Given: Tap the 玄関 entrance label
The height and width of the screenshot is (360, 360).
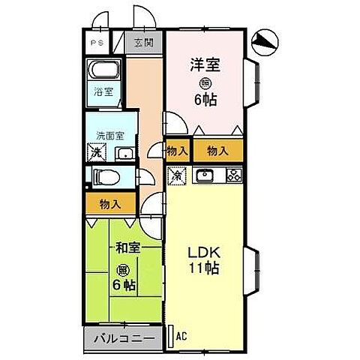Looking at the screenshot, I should click(x=144, y=43).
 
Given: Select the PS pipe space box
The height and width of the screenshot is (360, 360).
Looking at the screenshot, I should click(x=97, y=43).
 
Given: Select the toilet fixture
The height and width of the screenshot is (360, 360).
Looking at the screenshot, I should click(x=103, y=178).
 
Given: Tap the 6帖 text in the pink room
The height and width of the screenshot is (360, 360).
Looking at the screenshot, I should click(x=204, y=99).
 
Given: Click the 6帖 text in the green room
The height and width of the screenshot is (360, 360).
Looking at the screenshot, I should click(x=124, y=285).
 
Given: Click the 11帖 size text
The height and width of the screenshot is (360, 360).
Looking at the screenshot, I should click(x=204, y=268).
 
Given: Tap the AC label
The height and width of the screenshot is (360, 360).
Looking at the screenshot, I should click(x=180, y=337).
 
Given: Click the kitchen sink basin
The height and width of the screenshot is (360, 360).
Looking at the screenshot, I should click(x=204, y=177).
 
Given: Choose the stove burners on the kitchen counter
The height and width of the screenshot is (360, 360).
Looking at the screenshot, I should click(x=233, y=177).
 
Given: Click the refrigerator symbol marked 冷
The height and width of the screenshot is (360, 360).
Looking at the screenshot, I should click(x=176, y=178).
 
